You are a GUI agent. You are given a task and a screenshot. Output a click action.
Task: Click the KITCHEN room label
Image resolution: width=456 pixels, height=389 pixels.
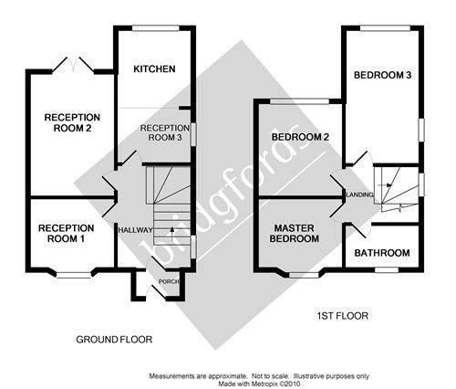click(x=154, y=68)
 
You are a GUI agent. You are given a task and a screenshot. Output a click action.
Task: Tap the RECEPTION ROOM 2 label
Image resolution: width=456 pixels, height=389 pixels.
click(x=72, y=122)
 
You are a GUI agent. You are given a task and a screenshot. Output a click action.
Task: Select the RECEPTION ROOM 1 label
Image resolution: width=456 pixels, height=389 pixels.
click(x=66, y=234)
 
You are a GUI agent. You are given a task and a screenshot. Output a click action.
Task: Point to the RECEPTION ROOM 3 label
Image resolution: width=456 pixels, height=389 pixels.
click(x=165, y=132)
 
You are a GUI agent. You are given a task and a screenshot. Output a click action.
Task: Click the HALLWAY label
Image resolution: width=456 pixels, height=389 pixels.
click(x=135, y=230)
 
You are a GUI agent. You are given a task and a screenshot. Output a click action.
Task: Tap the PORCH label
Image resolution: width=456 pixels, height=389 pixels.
click(x=169, y=282)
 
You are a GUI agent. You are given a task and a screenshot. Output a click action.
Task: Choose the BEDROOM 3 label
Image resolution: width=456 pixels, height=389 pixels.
click(x=382, y=75)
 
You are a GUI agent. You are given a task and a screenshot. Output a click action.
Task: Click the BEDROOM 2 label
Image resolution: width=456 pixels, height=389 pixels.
click(x=300, y=137)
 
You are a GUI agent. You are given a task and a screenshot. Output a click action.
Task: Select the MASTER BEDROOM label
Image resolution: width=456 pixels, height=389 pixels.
click(x=294, y=234)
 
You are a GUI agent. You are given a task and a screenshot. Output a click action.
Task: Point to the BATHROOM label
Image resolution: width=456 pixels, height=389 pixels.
click(x=382, y=253)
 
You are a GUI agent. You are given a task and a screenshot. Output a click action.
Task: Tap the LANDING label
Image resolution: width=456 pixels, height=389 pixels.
click(x=360, y=194)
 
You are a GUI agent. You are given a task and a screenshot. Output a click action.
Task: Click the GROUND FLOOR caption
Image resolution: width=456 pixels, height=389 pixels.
click(x=114, y=340)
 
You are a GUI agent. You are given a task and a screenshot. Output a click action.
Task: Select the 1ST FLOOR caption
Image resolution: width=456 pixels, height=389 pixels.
click(x=342, y=316)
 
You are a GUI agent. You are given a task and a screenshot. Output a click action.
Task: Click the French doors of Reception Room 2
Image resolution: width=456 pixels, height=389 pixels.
click(x=73, y=65)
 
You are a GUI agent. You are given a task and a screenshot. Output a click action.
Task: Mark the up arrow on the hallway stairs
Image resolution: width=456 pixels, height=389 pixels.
click(x=172, y=233)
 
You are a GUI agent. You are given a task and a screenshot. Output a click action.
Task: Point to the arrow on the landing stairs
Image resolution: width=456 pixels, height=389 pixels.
click(x=385, y=184)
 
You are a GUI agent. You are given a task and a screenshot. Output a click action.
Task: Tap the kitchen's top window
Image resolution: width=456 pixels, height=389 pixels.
click(x=156, y=28)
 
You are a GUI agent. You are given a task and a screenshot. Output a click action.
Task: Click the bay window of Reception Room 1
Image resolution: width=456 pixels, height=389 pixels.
click(x=74, y=275)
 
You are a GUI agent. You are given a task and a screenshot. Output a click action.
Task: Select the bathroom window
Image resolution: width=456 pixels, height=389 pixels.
click(x=387, y=269)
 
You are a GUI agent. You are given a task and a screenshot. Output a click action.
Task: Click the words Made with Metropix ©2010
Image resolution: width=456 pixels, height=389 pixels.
click(x=259, y=384)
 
